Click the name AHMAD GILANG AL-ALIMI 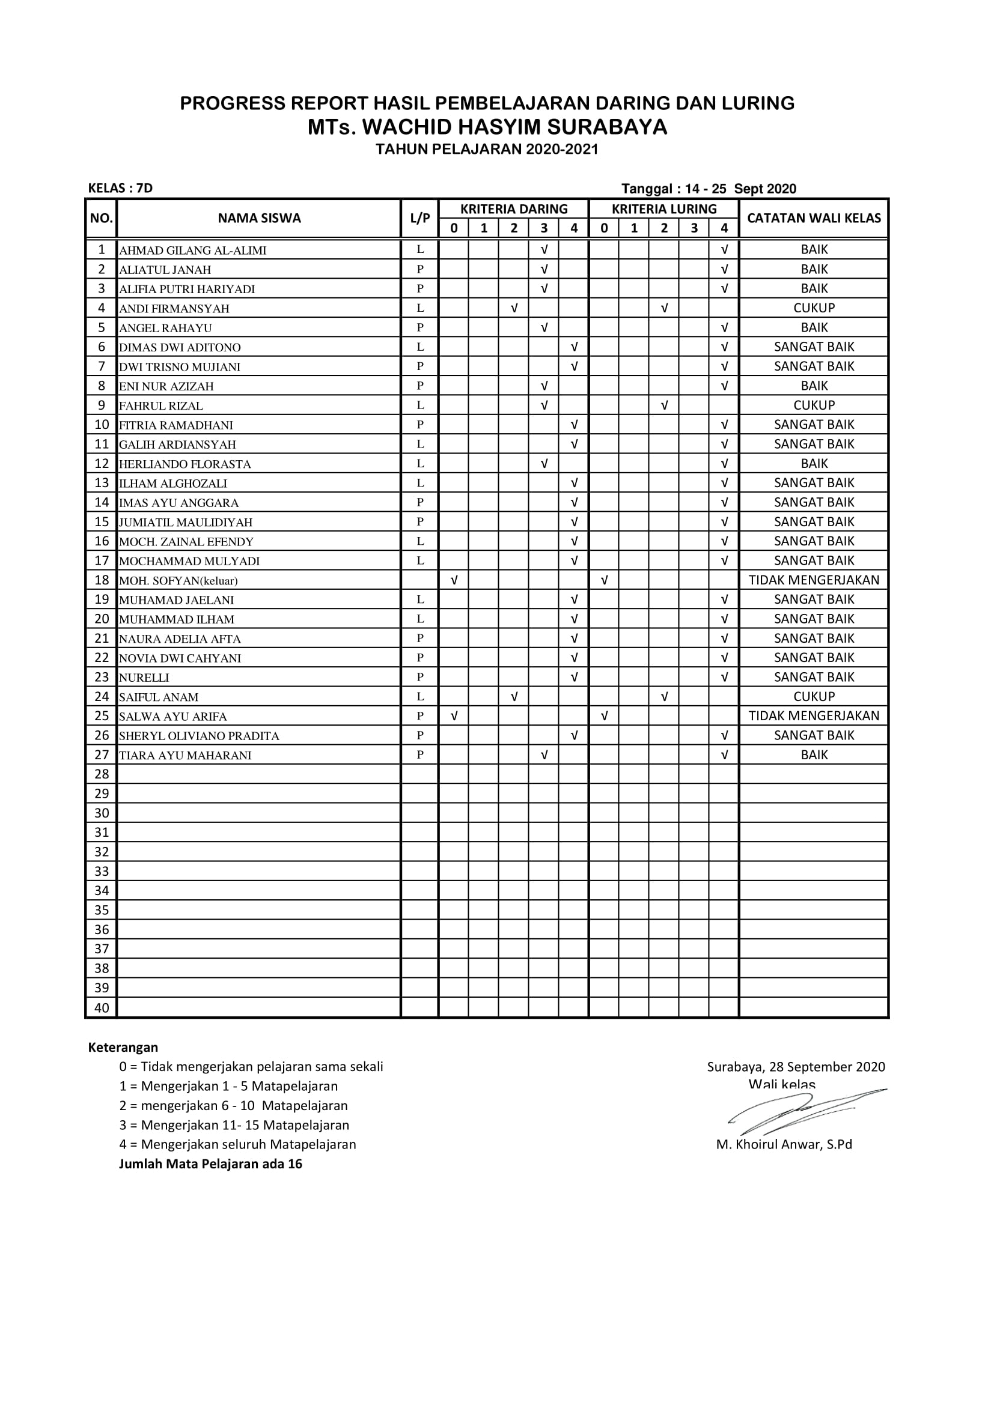[x=193, y=250]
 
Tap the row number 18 [x=102, y=580]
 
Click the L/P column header [x=420, y=219]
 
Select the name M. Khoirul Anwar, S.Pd [x=784, y=1144]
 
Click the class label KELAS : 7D [x=121, y=189]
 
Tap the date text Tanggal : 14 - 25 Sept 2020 [x=708, y=189]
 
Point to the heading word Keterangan [x=123, y=1047]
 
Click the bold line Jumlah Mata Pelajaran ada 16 [x=210, y=1164]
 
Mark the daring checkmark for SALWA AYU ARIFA [x=454, y=716]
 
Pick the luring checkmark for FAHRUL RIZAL [x=664, y=405]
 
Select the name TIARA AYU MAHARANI [x=186, y=756]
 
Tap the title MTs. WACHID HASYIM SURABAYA [x=487, y=127]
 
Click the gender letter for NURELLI [x=420, y=677]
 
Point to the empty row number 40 [x=102, y=1007]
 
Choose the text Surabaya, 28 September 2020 [x=796, y=1067]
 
